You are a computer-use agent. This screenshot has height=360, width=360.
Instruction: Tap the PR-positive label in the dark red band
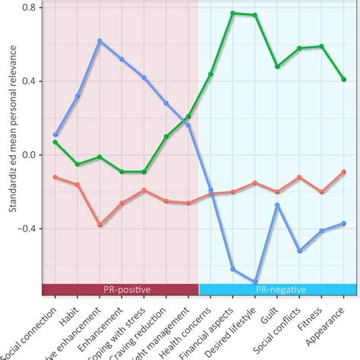pyautogui.click(x=120, y=290)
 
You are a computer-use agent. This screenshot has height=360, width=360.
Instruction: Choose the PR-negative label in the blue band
pyautogui.click(x=277, y=290)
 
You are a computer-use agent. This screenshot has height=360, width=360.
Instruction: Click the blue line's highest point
pyautogui.click(x=99, y=41)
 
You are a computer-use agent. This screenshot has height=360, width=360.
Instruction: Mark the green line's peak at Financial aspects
pyautogui.click(x=233, y=13)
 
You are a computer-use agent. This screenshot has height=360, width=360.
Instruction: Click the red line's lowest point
pyautogui.click(x=99, y=225)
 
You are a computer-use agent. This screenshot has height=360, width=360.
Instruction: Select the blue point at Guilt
pyautogui.click(x=277, y=204)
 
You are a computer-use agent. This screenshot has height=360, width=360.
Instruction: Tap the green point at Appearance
pyautogui.click(x=344, y=79)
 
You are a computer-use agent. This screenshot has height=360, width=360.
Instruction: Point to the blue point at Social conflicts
pyautogui.click(x=299, y=251)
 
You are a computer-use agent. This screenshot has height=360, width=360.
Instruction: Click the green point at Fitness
pyautogui.click(x=322, y=46)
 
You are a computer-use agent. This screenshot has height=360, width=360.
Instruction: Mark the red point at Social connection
pyautogui.click(x=55, y=176)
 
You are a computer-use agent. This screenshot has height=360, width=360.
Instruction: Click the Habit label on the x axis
pyautogui.click(x=68, y=315)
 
